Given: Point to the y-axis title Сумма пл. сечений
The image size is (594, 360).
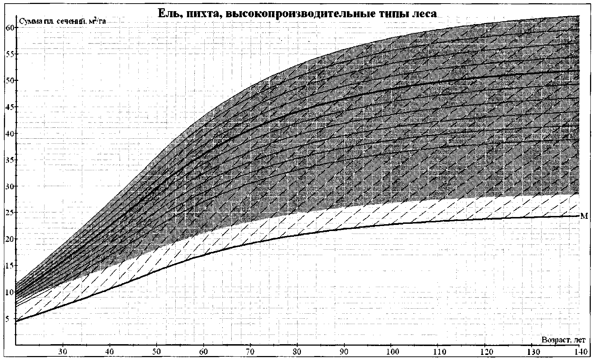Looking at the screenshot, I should (63, 21).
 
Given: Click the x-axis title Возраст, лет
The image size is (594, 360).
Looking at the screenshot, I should (563, 340).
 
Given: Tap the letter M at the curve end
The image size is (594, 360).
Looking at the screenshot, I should (584, 216).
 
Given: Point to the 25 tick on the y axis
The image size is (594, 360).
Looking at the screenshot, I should (10, 213).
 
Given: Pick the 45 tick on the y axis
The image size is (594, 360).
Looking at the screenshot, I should (10, 107).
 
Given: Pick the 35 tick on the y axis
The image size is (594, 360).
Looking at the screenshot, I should (10, 160).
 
